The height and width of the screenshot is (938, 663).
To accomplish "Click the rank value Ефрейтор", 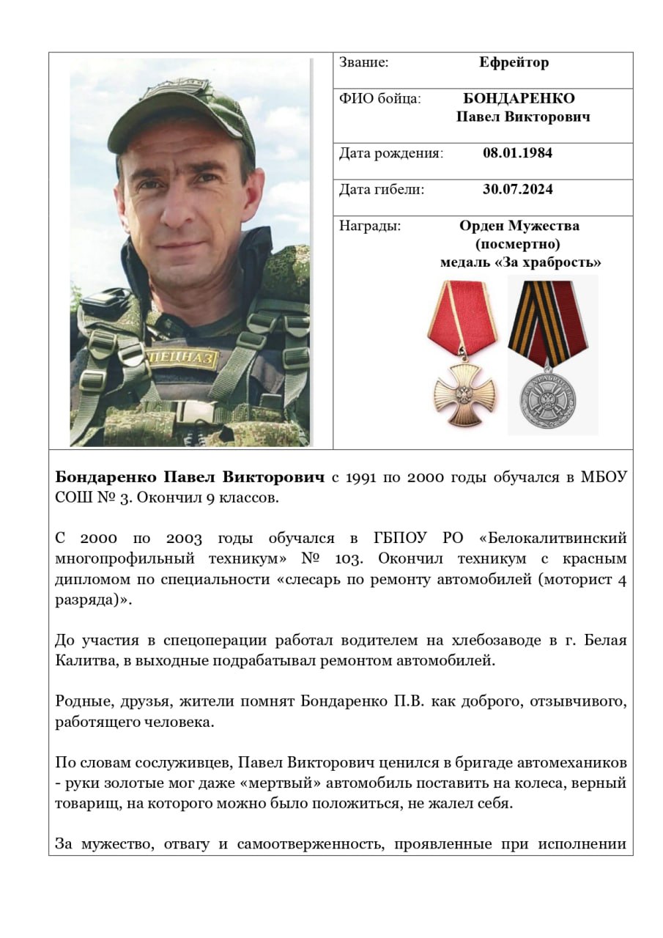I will [x=514, y=63].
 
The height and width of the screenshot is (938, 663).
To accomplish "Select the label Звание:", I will [x=363, y=63].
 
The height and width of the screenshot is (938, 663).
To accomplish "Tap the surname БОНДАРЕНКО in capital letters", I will [x=519, y=99].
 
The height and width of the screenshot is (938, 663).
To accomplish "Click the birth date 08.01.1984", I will [x=517, y=153].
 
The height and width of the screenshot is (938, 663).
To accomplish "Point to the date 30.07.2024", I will [x=517, y=190].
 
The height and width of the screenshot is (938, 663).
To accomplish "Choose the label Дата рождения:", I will [x=390, y=153].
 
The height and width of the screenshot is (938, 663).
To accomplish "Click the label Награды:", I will [x=369, y=226].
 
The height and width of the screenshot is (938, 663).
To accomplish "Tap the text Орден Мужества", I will [x=519, y=226].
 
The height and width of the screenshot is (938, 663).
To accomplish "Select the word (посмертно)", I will [x=519, y=244].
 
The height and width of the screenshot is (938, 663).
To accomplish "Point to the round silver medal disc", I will [x=548, y=401].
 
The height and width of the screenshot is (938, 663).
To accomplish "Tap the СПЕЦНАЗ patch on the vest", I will [x=183, y=358].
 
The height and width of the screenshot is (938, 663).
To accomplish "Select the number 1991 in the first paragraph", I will [x=363, y=478].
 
